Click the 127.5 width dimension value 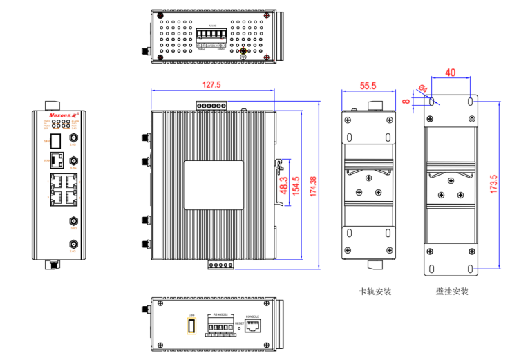click(x=211, y=85)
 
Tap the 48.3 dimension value click(x=283, y=184)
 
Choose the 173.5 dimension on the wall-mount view click(x=493, y=184)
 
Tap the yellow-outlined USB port click(x=192, y=325)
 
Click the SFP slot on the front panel click(x=57, y=141)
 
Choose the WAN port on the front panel click(x=59, y=162)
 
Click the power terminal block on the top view click(x=207, y=36)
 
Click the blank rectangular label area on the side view click(x=214, y=184)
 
